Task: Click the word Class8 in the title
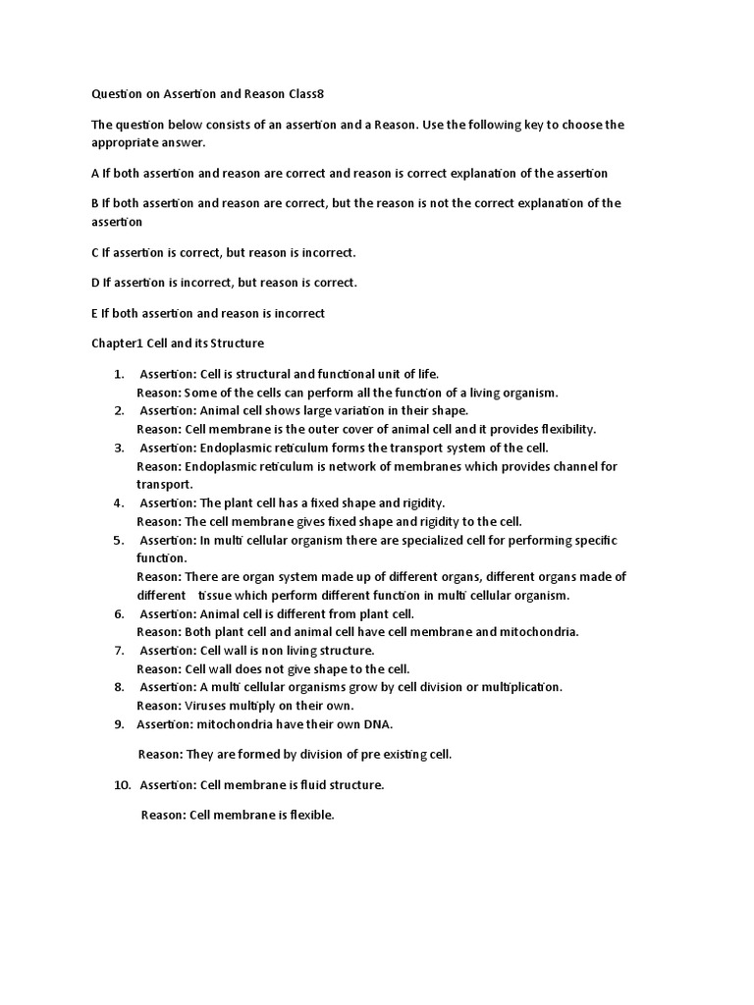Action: point(303,94)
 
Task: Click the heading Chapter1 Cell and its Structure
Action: point(177,344)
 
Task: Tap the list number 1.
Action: point(118,374)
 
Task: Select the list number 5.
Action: point(118,541)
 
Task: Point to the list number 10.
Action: point(122,785)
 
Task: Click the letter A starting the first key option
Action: point(95,174)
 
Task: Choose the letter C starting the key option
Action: point(95,252)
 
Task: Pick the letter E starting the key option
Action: point(94,313)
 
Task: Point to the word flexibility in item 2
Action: point(564,429)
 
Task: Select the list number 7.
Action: point(118,650)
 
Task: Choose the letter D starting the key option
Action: point(95,283)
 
